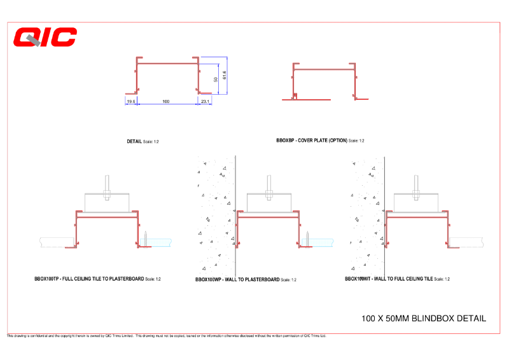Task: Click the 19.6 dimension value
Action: [130, 101]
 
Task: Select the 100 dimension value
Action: [165, 101]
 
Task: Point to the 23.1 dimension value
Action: [205, 101]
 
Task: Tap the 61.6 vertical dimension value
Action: [225, 75]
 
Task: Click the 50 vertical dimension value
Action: [216, 80]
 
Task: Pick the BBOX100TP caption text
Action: [90, 279]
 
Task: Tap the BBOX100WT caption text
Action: [389, 279]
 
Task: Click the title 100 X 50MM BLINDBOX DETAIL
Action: [423, 318]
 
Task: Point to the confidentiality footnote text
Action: [165, 336]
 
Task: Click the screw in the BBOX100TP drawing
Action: [146, 239]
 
